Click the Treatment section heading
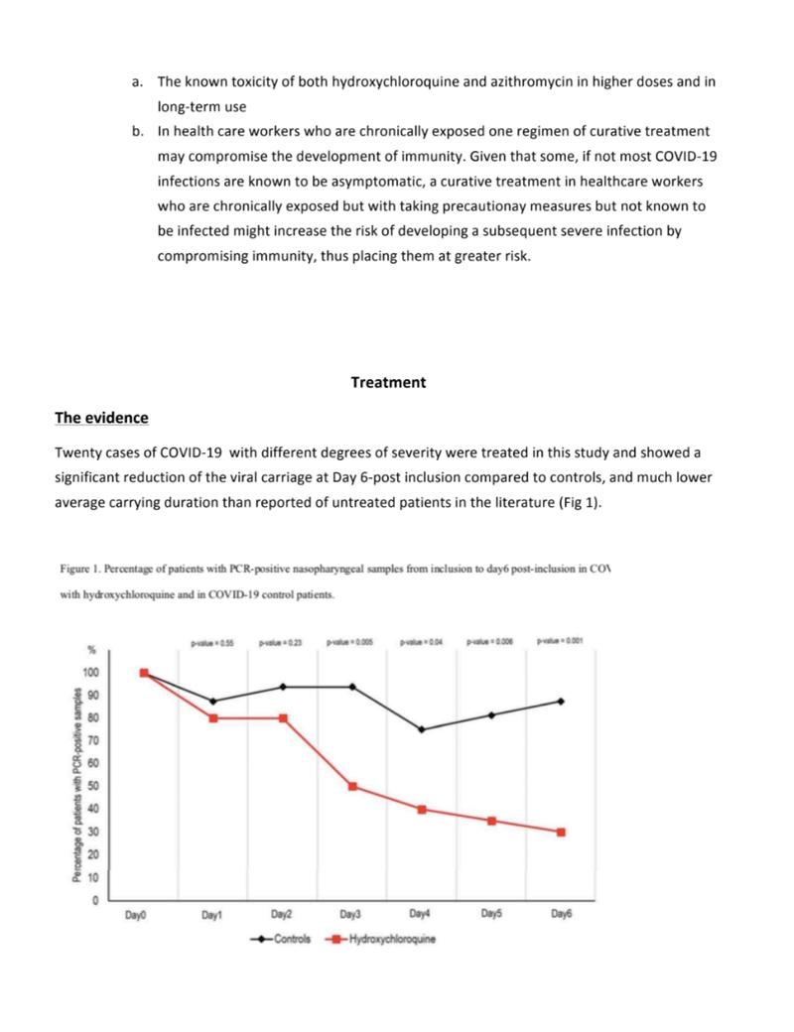388,382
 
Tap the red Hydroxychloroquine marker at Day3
353,786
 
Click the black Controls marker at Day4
422,729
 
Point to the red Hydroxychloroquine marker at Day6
561,832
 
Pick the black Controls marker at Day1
213,702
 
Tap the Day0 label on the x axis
136,915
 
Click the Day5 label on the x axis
491,915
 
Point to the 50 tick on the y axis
94,786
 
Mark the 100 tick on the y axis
92,673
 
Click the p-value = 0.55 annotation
212,642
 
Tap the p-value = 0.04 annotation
421,642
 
